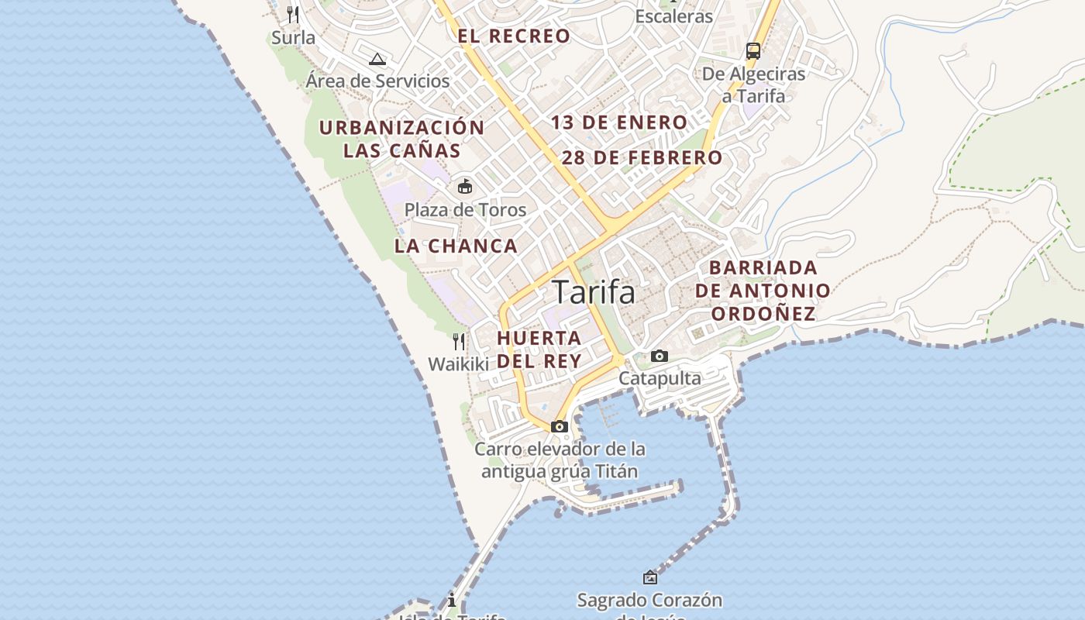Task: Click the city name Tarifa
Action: pos(594,293)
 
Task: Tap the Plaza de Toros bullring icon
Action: pos(465,187)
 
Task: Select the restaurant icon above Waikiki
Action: pos(459,341)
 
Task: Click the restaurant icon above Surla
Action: pos(293,15)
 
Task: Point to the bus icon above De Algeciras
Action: pos(753,51)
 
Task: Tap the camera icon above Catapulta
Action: pos(660,356)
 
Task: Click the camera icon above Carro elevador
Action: pos(560,426)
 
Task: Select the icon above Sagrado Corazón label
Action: pos(649,577)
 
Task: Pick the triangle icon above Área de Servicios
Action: pos(377,59)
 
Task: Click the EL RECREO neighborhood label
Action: pos(514,36)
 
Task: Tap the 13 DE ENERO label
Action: pos(619,122)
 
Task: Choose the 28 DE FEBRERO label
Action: pos(642,158)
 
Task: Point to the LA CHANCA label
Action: pos(456,246)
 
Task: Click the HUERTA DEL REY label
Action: pos(539,350)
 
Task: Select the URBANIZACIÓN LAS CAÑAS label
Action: pos(402,139)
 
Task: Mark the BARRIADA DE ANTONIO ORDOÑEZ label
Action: pos(763,291)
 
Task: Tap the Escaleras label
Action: pos(673,16)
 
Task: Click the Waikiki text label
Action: pos(459,364)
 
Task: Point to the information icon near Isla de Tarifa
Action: pos(452,600)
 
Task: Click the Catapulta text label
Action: pos(660,378)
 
